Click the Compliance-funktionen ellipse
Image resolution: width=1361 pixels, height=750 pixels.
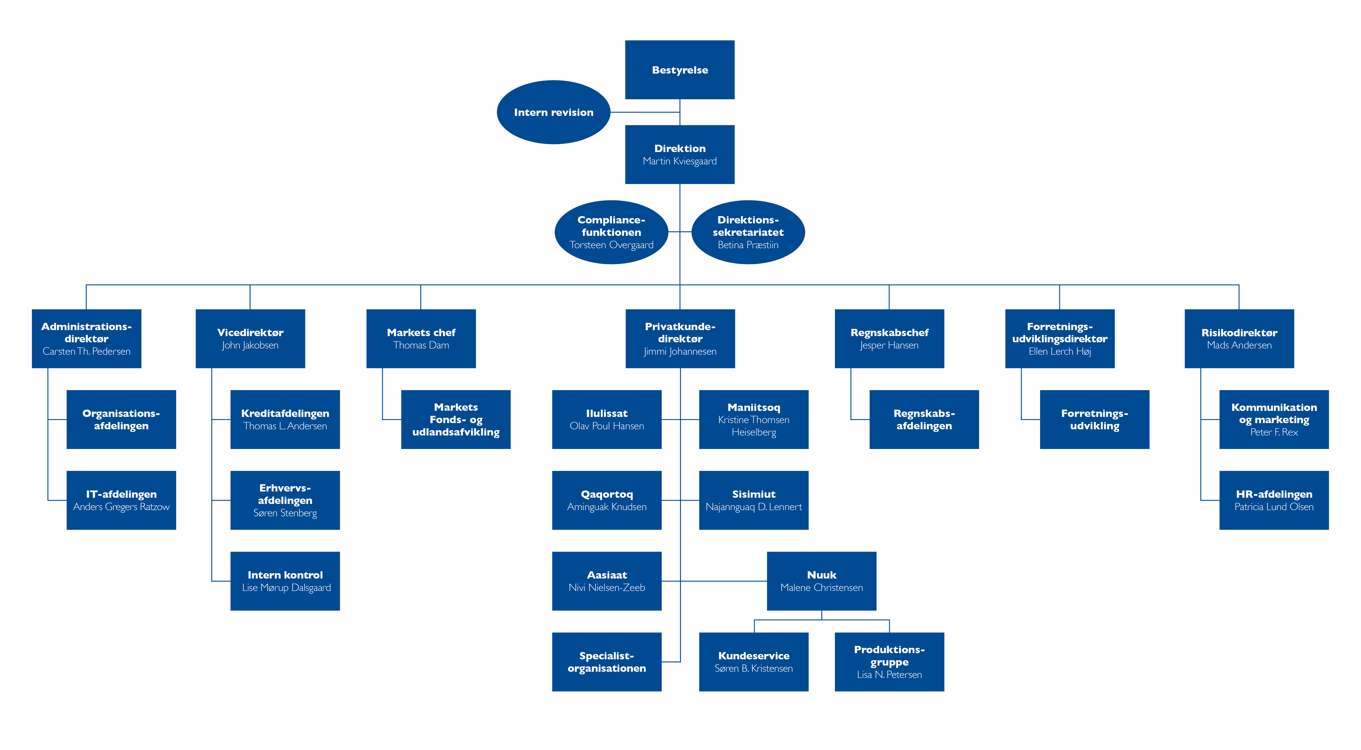[x=611, y=232]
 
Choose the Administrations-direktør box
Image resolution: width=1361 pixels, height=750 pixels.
[x=87, y=339]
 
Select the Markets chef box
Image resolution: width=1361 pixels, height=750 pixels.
[x=421, y=339]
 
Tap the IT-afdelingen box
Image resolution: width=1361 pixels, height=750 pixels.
[x=121, y=500]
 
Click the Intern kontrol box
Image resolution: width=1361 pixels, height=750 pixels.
[x=285, y=581]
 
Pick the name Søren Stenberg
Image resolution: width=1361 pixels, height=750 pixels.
[x=285, y=513]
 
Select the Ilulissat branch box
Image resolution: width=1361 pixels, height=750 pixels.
[x=607, y=419]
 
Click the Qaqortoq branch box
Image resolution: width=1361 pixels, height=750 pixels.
[x=607, y=500]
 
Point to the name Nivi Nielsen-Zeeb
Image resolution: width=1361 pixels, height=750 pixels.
[x=607, y=587]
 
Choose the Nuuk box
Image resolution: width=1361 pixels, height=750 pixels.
[x=822, y=581]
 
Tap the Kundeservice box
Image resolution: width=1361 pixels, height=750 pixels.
[x=753, y=662]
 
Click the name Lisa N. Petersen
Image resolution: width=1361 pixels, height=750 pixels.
[x=889, y=675]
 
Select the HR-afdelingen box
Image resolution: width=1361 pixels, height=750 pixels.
[x=1274, y=500]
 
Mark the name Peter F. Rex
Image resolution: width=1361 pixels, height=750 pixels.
[x=1274, y=432]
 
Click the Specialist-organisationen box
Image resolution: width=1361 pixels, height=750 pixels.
[x=607, y=662]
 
